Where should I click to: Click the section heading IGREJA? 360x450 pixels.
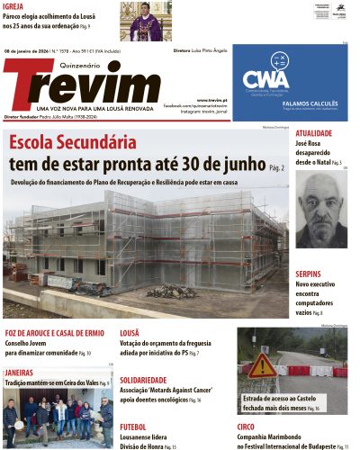click(x=13, y=6)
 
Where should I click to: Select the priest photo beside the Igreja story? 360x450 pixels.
click(x=145, y=21)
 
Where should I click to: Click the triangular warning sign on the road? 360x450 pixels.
click(x=263, y=365)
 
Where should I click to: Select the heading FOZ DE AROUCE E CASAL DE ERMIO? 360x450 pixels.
click(x=54, y=333)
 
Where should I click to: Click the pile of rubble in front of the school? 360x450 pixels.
click(x=172, y=292)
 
